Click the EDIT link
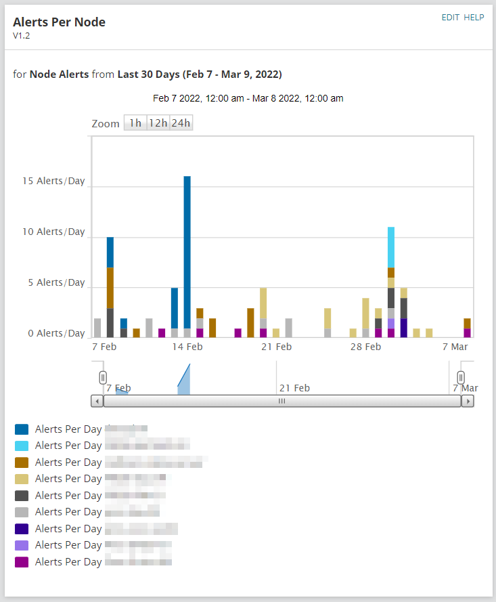coord(450,18)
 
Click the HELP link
coord(474,18)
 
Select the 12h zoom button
coord(158,123)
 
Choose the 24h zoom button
coord(181,123)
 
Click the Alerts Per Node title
coord(59,22)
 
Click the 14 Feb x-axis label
coord(187,347)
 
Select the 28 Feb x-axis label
coord(365,347)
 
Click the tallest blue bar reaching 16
coord(187,251)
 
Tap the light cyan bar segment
coord(391,247)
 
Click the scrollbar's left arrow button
coord(97,401)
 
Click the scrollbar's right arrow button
coord(468,401)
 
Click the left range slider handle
coord(103,377)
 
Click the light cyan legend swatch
coord(22,446)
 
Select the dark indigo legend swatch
coord(22,529)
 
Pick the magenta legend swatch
coord(22,562)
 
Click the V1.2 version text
coord(21,36)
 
